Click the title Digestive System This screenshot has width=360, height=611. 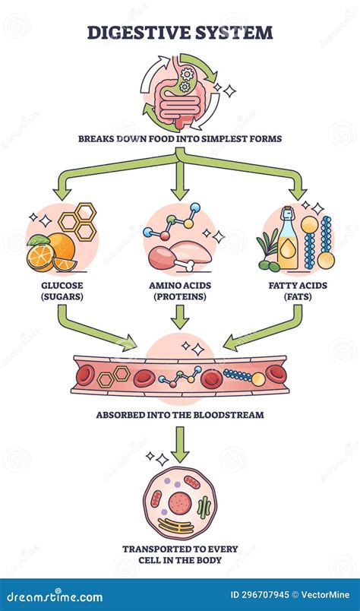click(x=180, y=33)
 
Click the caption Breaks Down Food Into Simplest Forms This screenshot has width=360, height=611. click(x=180, y=138)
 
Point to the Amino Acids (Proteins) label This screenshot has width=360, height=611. click(x=180, y=290)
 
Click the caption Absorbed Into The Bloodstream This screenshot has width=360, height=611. click(x=180, y=416)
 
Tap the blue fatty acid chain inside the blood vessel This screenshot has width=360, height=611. click(x=240, y=375)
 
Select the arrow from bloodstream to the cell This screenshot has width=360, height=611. click(x=180, y=445)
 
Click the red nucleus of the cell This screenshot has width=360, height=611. click(x=180, y=502)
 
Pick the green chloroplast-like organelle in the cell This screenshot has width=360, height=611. click(x=204, y=508)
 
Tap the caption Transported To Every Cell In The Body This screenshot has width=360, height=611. click(x=180, y=554)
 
